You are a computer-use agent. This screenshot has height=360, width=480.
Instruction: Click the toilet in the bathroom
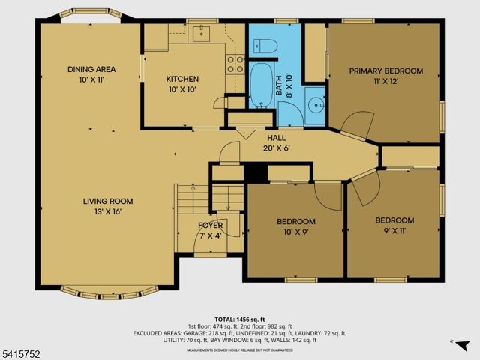[x=266, y=46]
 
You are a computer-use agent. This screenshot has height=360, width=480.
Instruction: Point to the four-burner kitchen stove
[x=235, y=64]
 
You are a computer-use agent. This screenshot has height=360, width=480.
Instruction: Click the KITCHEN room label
[x=182, y=79]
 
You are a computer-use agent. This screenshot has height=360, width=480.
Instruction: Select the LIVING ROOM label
[x=108, y=201]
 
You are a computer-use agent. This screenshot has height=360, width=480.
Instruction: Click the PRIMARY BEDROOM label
[x=386, y=71]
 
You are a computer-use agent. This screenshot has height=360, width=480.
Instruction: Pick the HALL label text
[x=277, y=137]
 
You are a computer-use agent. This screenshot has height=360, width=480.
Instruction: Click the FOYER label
[x=210, y=226]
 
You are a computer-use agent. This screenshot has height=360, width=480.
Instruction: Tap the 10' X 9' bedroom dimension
[x=295, y=232]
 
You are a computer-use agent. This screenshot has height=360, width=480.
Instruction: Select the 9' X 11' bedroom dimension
[x=394, y=230]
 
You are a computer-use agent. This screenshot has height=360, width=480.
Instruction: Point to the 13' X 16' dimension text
[x=108, y=211]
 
